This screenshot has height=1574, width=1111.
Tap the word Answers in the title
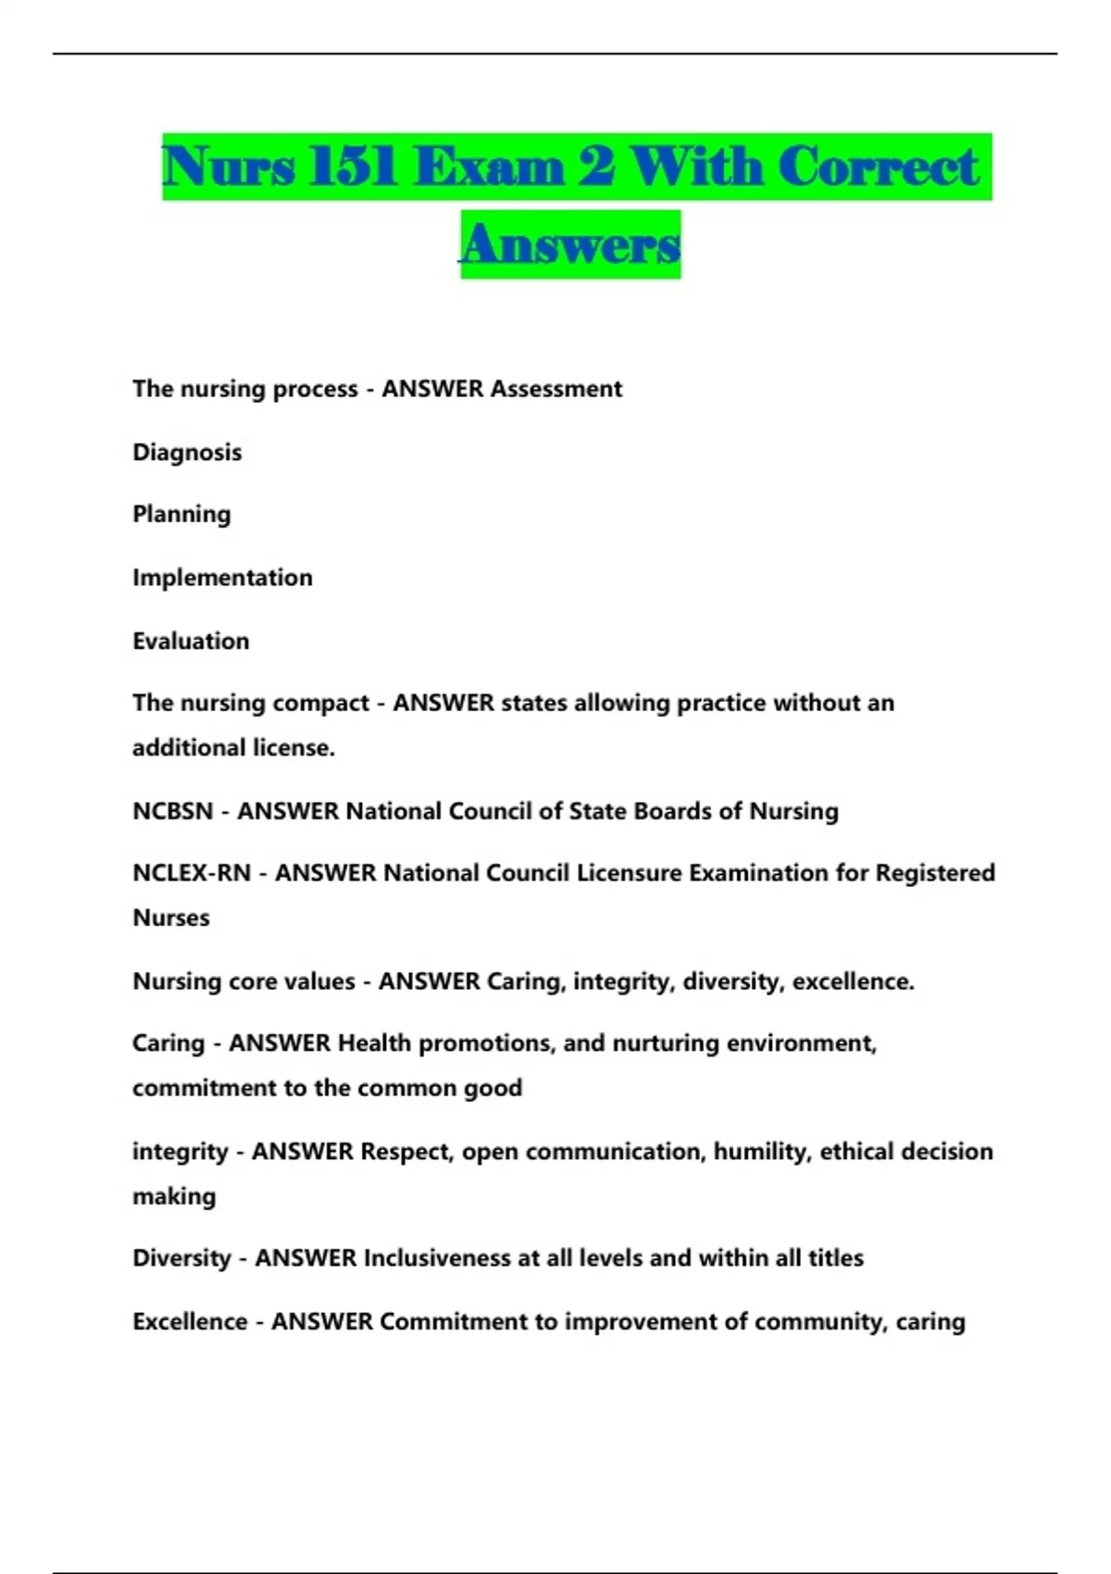point(570,244)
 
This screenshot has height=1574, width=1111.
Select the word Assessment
point(555,389)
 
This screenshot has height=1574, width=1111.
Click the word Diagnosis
point(187,453)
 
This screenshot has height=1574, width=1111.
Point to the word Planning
point(181,515)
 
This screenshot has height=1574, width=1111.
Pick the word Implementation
point(222,578)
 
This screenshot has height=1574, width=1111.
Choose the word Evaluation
point(191,641)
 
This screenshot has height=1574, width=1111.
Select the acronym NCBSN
point(173,812)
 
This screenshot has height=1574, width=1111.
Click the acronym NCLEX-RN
point(192,873)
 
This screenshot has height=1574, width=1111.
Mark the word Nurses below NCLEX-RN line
point(171,918)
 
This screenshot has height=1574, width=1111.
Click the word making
point(174,1197)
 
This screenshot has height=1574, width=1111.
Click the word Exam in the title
point(489,168)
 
